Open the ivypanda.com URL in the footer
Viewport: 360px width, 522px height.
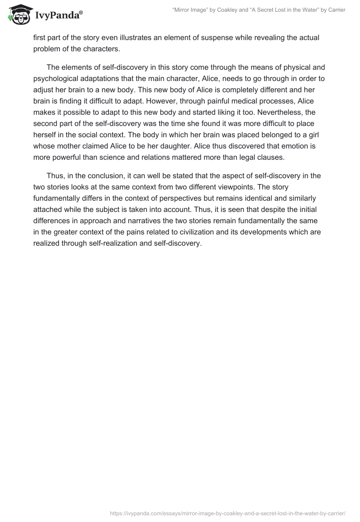tap(228, 513)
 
